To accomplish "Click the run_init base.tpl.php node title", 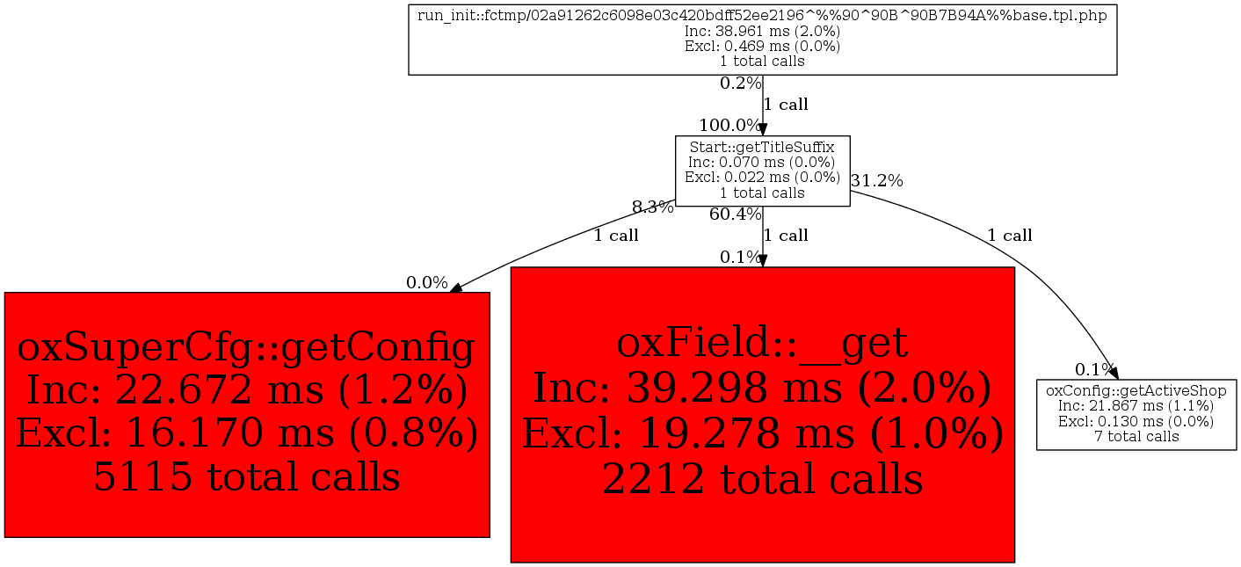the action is click(x=762, y=16).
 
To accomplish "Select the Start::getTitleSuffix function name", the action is click(x=762, y=148).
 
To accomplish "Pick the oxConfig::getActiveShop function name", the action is click(x=1136, y=391).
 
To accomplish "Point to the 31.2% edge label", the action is click(x=877, y=181).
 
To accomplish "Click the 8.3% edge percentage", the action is click(x=653, y=207).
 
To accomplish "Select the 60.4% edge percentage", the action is click(x=735, y=214).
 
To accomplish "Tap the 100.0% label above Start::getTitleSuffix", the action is click(x=729, y=125).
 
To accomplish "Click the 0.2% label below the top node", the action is click(x=741, y=84).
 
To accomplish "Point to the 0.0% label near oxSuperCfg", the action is click(x=426, y=283).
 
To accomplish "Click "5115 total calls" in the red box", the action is click(x=247, y=476).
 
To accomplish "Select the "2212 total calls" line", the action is click(x=762, y=479).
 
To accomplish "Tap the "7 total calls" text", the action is click(x=1136, y=437).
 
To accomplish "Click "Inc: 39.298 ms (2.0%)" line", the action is click(x=762, y=388).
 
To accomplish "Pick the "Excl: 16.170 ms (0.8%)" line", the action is click(x=247, y=433).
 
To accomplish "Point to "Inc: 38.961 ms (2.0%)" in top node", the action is click(x=762, y=31).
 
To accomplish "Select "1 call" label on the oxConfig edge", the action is click(x=1010, y=236).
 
